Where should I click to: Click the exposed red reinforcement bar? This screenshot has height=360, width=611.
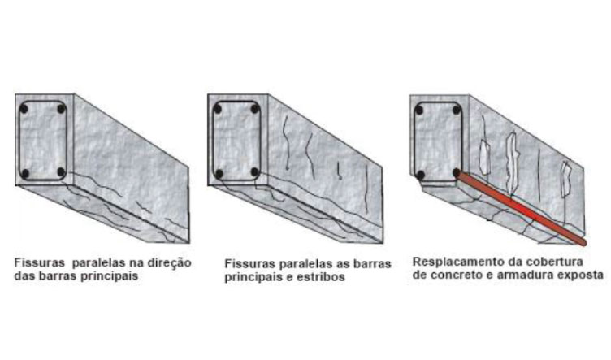pyautogui.click(x=522, y=208)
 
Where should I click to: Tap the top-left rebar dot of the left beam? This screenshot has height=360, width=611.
pyautogui.click(x=24, y=109)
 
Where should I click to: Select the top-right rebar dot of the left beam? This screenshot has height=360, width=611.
pyautogui.click(x=61, y=109)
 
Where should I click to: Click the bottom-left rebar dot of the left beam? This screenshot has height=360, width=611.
pyautogui.click(x=24, y=174)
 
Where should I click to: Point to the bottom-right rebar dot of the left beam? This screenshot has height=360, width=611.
pyautogui.click(x=61, y=172)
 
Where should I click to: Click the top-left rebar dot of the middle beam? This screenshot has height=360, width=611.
pyautogui.click(x=218, y=109)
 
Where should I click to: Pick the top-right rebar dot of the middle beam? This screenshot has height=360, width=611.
pyautogui.click(x=255, y=109)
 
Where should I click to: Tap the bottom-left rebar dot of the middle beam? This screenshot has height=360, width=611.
pyautogui.click(x=219, y=174)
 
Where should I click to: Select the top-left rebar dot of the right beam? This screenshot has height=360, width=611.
pyautogui.click(x=419, y=110)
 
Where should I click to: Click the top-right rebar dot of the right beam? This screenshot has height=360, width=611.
pyautogui.click(x=457, y=110)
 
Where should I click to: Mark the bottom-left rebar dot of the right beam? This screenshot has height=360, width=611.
pyautogui.click(x=420, y=176)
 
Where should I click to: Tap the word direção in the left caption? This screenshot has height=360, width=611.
pyautogui.click(x=169, y=263)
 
